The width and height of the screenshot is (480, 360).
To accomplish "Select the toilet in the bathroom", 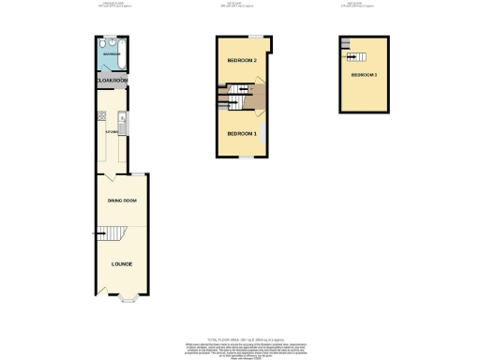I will tap(101, 44).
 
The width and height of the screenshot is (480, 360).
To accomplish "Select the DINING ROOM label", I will tap(122, 201).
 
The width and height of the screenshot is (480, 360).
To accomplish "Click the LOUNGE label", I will tap(122, 263).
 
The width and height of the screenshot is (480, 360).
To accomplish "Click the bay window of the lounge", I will tap(128, 299).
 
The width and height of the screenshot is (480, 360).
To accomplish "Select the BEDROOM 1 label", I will tap(241, 133).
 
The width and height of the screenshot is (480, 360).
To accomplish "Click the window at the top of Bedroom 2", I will tap(263, 37).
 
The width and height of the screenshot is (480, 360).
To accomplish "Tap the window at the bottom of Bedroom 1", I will tap(242, 157).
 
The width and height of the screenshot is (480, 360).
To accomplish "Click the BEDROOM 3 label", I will tap(364, 74).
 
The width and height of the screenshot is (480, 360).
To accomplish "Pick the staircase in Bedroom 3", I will tap(347, 44).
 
